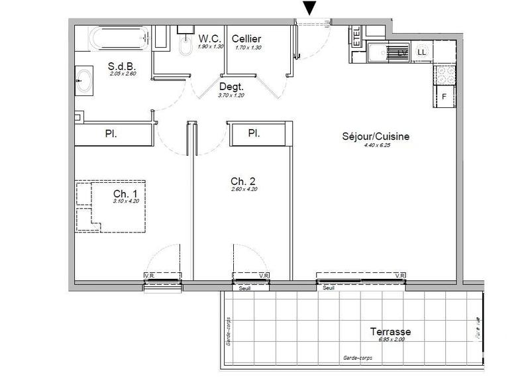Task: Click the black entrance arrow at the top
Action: point(310,8)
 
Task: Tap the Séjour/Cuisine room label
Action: point(376,136)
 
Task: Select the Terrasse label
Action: point(390,331)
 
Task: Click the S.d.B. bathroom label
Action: point(123,66)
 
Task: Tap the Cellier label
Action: point(246,38)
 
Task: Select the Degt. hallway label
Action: point(231,87)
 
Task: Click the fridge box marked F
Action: point(445,97)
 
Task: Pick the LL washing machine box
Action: point(421,52)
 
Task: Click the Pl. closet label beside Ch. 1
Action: point(111,134)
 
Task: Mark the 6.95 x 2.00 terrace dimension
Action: point(391,340)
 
